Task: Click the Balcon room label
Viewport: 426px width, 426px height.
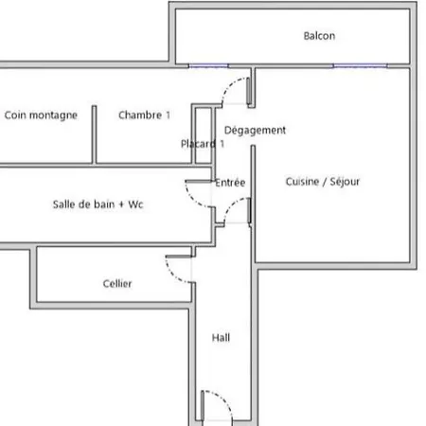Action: pos(319,36)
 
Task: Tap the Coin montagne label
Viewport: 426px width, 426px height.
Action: pos(41,115)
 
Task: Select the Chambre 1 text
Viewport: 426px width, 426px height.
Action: pos(144,115)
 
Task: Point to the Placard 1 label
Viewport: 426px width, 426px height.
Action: pos(203,144)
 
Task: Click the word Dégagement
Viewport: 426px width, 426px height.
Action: pos(255,131)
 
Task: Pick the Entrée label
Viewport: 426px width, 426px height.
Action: pos(230,183)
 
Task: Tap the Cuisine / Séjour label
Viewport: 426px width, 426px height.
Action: pos(323,182)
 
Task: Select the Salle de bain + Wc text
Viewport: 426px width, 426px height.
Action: pos(98,204)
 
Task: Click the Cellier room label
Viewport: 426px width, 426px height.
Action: pos(117,283)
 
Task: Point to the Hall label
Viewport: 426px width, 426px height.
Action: pos(221,338)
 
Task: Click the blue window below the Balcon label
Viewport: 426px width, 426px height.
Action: pos(361,66)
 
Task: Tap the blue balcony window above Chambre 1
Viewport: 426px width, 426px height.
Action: pos(208,66)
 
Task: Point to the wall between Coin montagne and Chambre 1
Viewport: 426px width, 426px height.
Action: pos(94,134)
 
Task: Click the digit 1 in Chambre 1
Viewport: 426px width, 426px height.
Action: pos(168,115)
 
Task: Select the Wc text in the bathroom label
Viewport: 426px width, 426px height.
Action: pos(135,204)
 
